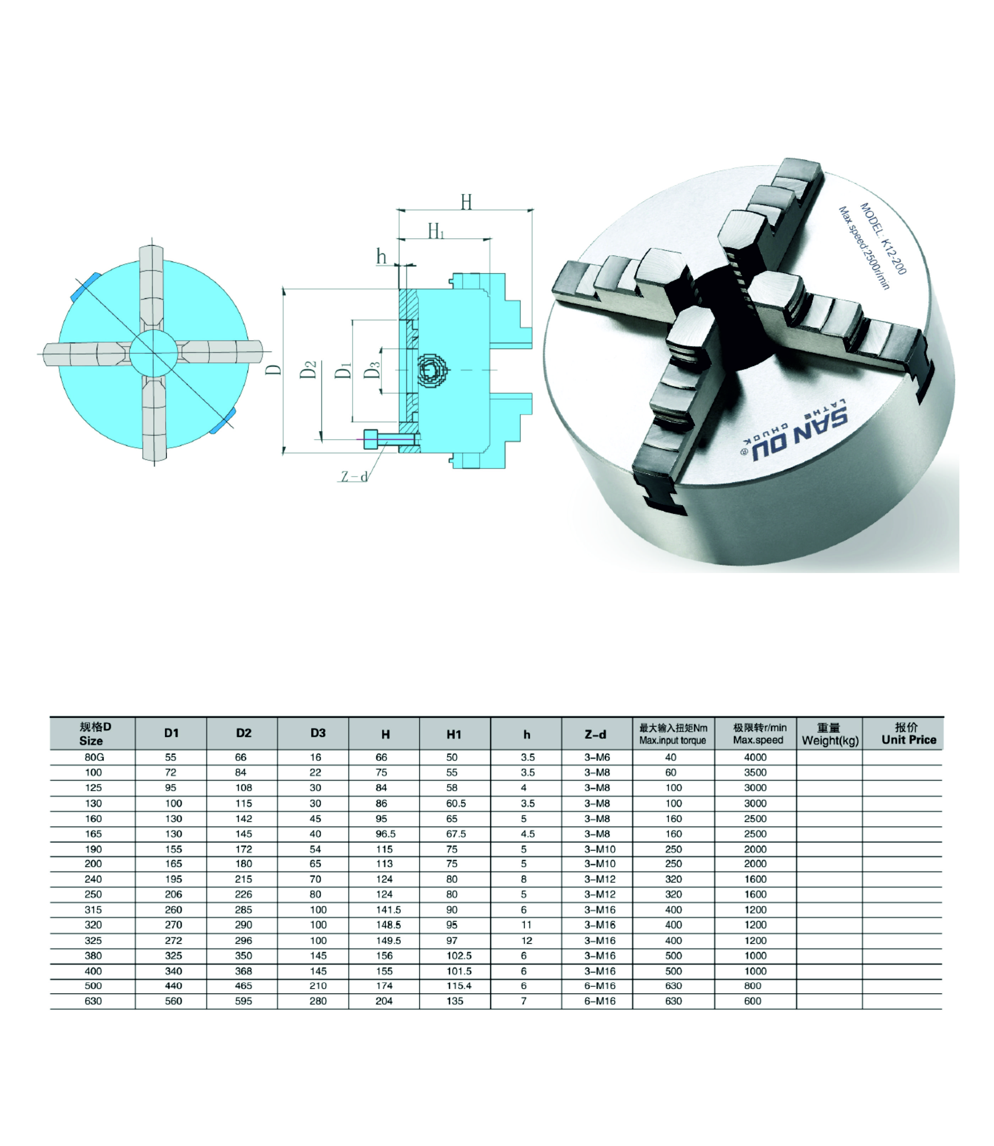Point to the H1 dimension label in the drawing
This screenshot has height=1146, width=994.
pos(436,231)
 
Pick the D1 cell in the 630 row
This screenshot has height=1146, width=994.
pos(173,1001)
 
